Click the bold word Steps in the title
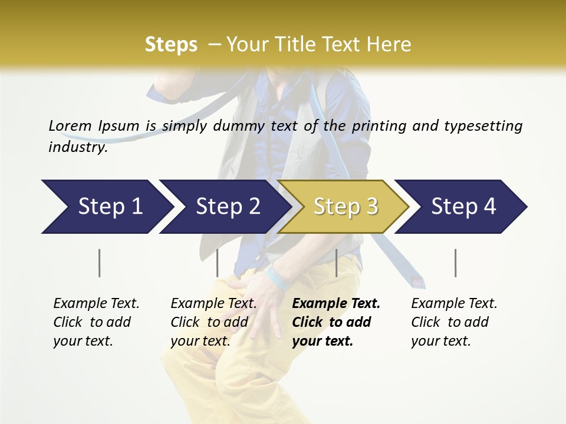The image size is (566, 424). coord(171,44)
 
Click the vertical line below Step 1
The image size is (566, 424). coord(100,263)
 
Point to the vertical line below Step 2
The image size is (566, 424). coord(218,263)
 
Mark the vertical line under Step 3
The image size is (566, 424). coord(336,263)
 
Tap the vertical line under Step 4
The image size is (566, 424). coord(456,263)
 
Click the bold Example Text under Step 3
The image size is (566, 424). coord(336,303)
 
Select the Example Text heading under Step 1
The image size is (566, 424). coord(96,303)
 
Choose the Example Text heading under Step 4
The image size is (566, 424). coord(454,303)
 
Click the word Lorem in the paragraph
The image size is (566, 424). coord(70,125)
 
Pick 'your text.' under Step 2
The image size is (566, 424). coord(200,341)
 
